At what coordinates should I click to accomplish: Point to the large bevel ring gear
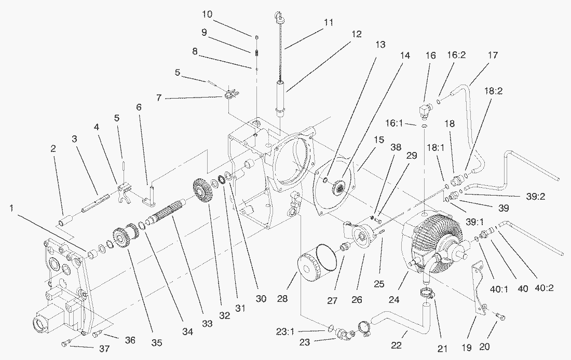tap(431, 239)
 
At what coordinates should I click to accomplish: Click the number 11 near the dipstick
tap(328, 23)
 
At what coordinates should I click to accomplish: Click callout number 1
tap(12, 208)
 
